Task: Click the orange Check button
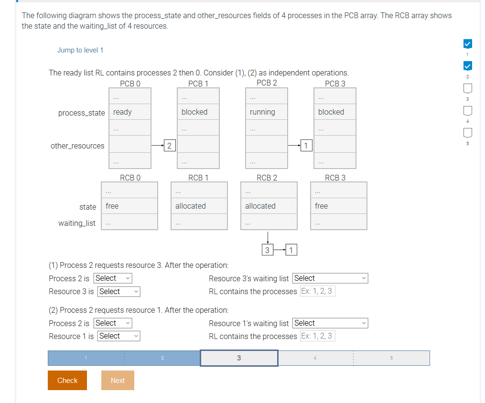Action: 67,380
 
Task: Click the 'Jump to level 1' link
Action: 80,50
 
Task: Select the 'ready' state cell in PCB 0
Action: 130,112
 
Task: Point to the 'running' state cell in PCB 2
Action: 267,112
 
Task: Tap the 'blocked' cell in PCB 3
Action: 335,112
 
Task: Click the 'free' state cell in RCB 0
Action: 129,206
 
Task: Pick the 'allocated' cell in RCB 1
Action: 199,206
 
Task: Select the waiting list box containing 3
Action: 267,250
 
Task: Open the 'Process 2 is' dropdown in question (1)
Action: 113,278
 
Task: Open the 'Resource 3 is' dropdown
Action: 119,291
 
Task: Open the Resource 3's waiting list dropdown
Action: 330,278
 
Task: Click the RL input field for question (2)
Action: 318,336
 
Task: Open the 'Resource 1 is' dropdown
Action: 119,336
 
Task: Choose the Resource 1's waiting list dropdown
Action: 330,323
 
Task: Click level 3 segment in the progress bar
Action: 239,358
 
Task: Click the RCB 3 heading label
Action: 335,178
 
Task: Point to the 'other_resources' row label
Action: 77,146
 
